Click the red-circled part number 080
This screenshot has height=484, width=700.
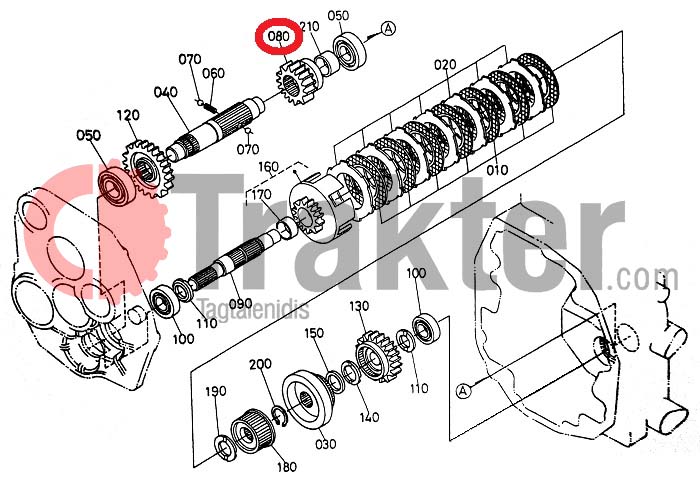[x=279, y=36]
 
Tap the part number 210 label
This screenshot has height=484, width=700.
[x=309, y=27]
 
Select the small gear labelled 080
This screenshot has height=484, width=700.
[x=295, y=83]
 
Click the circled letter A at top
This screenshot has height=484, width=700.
[x=388, y=29]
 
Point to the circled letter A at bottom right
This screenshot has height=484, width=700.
[x=464, y=391]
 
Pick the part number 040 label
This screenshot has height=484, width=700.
[x=166, y=92]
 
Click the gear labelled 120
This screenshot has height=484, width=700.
[x=147, y=168]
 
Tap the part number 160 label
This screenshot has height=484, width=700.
[x=269, y=167]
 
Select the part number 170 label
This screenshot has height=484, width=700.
[x=261, y=195]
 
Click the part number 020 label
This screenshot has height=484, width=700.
[x=445, y=65]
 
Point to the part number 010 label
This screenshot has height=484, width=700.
[x=497, y=170]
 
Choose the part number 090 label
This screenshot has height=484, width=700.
[x=241, y=304]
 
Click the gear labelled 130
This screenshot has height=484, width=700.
[x=379, y=356]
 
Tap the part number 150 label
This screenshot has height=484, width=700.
[x=314, y=333]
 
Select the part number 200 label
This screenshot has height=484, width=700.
[x=260, y=364]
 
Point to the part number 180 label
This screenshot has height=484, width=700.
[x=287, y=467]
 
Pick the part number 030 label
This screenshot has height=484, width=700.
[x=325, y=444]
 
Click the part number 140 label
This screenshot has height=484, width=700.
[x=369, y=417]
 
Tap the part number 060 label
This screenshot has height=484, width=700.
[x=214, y=73]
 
